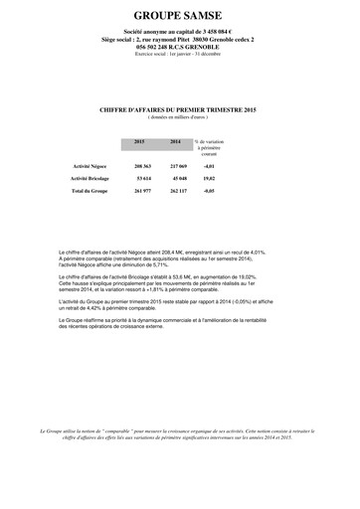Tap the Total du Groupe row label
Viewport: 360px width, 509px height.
tap(92, 188)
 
